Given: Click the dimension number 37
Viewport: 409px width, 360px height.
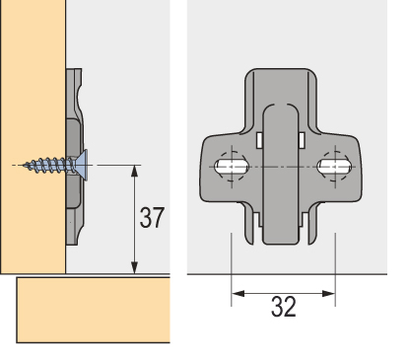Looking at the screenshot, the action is tap(152, 217).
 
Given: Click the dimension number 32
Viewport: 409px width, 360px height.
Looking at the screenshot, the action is tap(284, 307).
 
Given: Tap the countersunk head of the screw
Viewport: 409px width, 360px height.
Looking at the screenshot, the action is tap(83, 165).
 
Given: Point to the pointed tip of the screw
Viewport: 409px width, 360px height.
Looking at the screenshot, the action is tap(24, 165).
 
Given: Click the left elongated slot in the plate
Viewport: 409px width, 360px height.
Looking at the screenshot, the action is tap(232, 167).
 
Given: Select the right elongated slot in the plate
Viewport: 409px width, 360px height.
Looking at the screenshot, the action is tap(334, 167).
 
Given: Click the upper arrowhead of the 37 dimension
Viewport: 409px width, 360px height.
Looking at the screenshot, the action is tap(134, 171).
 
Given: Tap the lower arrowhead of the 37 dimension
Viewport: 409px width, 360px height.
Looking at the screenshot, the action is tap(134, 267).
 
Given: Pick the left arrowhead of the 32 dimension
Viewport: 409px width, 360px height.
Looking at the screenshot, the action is tap(238, 294).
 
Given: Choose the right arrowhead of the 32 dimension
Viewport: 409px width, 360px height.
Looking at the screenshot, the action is tap(329, 294).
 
